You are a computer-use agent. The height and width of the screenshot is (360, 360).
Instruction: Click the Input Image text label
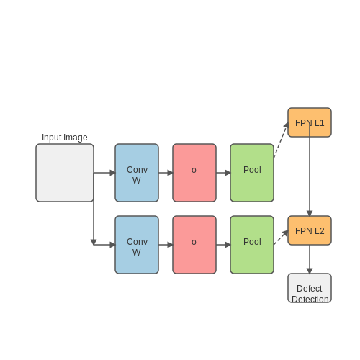(x=65, y=138)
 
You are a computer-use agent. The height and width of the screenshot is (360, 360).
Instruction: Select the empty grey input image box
(x=65, y=173)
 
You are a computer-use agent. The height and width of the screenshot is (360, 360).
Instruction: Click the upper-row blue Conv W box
(x=137, y=173)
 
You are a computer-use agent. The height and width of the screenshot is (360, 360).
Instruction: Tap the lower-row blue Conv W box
(x=137, y=245)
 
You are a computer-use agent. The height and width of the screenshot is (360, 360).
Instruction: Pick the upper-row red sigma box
(x=194, y=173)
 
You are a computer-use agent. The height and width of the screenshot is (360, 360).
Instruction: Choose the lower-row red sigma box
(x=194, y=245)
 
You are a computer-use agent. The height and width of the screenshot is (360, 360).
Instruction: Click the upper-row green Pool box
(x=252, y=173)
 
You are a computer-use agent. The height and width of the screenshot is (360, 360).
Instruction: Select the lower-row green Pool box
(x=252, y=245)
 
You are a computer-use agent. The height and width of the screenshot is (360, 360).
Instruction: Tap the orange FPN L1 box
(x=310, y=122)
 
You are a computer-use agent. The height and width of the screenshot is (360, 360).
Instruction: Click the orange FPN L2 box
(x=310, y=230)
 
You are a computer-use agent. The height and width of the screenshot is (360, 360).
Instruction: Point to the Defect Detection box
(x=310, y=288)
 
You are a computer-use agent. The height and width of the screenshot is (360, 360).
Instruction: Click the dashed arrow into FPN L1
(x=281, y=140)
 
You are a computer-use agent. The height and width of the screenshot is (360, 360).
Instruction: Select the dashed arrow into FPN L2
(x=281, y=238)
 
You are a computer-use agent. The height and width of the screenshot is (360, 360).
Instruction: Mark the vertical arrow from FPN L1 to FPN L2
(x=310, y=169)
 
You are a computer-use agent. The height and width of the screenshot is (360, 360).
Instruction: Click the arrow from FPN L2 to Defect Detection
(x=310, y=259)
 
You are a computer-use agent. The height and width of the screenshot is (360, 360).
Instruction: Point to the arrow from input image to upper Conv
(x=104, y=173)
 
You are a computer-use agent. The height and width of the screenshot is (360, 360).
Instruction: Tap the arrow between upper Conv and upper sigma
(x=166, y=173)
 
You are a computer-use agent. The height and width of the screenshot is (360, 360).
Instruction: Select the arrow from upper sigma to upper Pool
(x=223, y=173)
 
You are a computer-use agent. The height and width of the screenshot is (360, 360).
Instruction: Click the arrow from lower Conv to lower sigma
(x=166, y=245)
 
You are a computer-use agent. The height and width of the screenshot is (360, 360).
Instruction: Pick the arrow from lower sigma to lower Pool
(x=223, y=245)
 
